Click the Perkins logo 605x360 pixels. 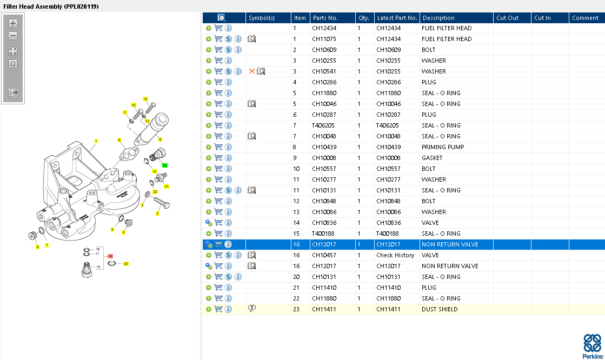pos(593,346)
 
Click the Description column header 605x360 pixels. pos(438,18)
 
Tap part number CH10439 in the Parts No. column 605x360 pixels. pos(324,147)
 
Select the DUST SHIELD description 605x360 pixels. pos(439,309)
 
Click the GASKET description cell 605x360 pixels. pos(431,158)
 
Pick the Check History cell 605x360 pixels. pos(395,255)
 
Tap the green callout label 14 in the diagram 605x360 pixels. pos(165,165)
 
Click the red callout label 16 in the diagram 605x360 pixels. pos(110,256)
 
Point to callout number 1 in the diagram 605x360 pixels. pos(96,142)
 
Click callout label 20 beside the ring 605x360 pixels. pos(126,264)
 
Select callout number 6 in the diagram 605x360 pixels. pos(37,247)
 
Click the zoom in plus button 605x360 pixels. pos(14,23)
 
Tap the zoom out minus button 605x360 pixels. pos(14,36)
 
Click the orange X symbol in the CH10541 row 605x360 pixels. pos(251,71)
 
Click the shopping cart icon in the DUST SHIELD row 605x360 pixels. pos(218,309)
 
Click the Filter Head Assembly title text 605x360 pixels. pos(51,6)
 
